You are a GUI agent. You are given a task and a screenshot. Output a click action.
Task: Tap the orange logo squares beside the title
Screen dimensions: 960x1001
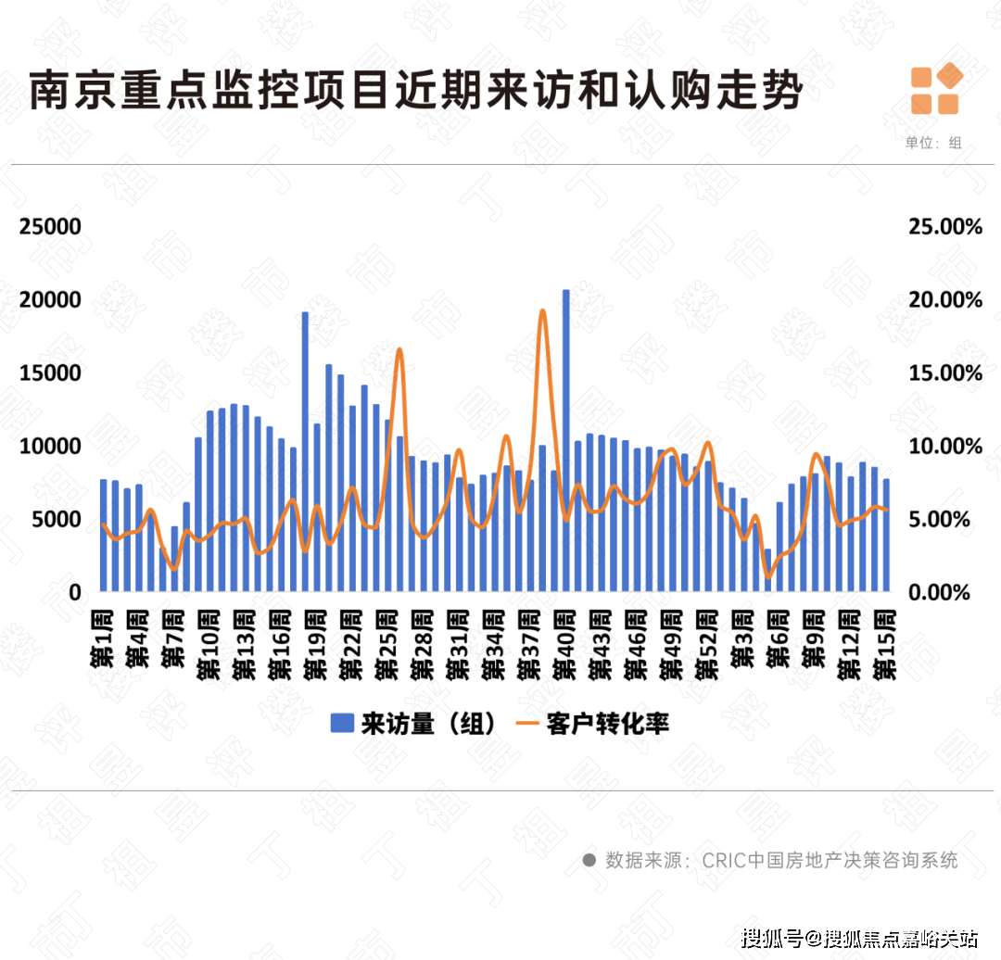(x=935, y=91)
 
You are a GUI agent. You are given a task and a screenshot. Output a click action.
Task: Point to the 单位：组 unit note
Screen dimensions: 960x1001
(x=932, y=143)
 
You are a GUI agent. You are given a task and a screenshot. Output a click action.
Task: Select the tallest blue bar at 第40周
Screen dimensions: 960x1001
(x=565, y=436)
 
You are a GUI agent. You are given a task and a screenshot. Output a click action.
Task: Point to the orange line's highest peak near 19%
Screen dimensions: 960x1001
(x=542, y=311)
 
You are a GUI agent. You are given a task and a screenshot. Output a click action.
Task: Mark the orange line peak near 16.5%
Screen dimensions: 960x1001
(x=399, y=350)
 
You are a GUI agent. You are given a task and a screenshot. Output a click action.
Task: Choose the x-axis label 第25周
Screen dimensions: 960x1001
(x=387, y=643)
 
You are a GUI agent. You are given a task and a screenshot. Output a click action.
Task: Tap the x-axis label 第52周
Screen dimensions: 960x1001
(x=709, y=643)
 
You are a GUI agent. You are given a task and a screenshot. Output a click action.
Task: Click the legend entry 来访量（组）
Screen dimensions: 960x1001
(x=407, y=724)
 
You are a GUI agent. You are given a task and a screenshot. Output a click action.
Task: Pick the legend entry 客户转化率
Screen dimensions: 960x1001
(x=593, y=724)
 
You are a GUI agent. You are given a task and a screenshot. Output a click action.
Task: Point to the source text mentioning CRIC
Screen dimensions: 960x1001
(x=783, y=860)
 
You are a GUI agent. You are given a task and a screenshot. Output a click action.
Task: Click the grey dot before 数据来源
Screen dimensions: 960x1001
(x=588, y=860)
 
